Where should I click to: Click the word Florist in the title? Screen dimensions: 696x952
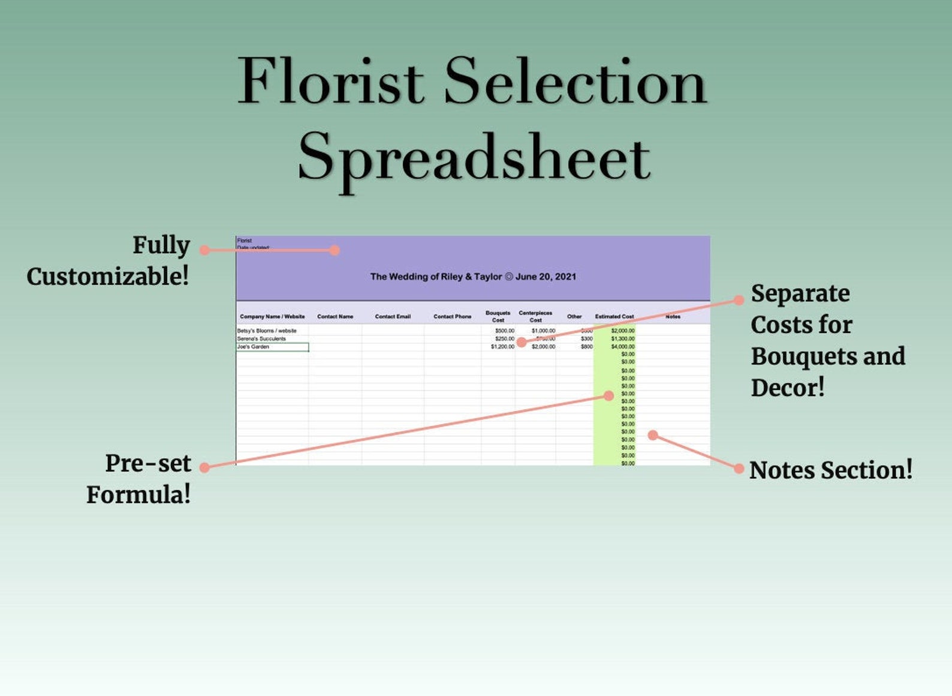tap(331, 82)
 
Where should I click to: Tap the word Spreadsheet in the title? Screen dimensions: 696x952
tap(474, 158)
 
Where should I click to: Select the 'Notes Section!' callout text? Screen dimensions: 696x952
tap(831, 470)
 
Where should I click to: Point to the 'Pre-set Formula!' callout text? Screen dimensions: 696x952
tap(139, 479)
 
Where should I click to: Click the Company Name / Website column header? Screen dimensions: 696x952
tap(272, 317)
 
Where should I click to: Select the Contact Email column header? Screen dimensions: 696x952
tap(393, 317)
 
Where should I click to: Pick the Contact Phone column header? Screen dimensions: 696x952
tap(452, 317)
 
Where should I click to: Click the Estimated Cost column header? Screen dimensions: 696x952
tap(614, 317)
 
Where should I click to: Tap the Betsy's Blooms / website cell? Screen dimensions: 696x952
tap(267, 331)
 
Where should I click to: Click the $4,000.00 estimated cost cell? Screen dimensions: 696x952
tap(622, 347)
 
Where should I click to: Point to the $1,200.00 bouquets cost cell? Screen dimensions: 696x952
tap(502, 347)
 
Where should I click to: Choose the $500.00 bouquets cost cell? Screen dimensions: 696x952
tap(504, 331)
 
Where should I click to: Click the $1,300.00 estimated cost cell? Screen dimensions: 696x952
tap(622, 339)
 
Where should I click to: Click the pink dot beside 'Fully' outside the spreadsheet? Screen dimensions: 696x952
tap(205, 250)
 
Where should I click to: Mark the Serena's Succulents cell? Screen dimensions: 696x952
tap(261, 339)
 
